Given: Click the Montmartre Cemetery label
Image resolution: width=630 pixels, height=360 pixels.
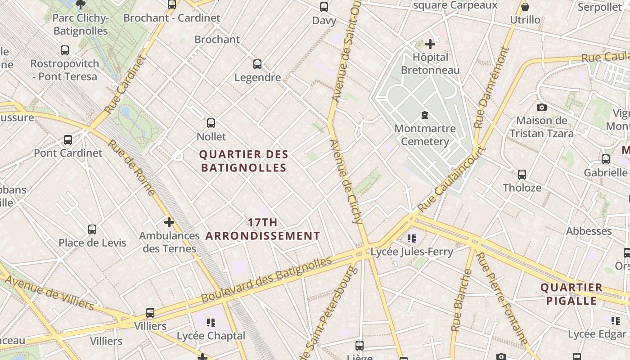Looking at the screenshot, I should pos(425,135).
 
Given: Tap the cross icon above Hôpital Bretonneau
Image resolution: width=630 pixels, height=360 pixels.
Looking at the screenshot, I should pos(430,44).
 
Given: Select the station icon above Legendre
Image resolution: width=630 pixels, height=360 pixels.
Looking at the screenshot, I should pos(257,64).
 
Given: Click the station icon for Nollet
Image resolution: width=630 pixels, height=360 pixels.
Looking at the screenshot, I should pos(211,123).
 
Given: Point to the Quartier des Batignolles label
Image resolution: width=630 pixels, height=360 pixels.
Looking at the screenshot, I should pos(243,161).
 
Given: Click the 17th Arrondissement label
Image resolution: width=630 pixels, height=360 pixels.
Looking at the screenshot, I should pos(263,229).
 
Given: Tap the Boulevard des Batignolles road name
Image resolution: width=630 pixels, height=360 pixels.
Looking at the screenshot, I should pos(266,279).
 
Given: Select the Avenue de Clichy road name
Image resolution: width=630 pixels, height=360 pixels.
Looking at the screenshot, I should pos(346,181).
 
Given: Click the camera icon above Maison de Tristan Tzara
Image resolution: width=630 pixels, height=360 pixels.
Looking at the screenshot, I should pos(542,107).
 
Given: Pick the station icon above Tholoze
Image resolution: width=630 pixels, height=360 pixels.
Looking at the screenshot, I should pos(522,174).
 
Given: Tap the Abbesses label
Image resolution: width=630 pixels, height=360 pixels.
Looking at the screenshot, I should pos(589,231).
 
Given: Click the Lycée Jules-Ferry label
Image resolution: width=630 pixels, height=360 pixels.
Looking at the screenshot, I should pos(412,252).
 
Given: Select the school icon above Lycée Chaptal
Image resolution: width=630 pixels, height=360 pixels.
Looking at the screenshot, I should pos(211,322).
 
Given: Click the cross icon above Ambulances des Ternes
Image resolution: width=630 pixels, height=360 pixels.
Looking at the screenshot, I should pos(169,222).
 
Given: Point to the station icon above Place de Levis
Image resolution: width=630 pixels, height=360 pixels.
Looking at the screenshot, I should pos(92,229).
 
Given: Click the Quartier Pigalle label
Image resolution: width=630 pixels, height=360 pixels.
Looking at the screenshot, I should pos(571,294).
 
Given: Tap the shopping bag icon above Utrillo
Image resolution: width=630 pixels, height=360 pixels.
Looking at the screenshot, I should pos(525,7).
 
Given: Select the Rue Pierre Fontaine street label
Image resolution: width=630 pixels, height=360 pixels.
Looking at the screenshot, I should pos(502,298).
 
